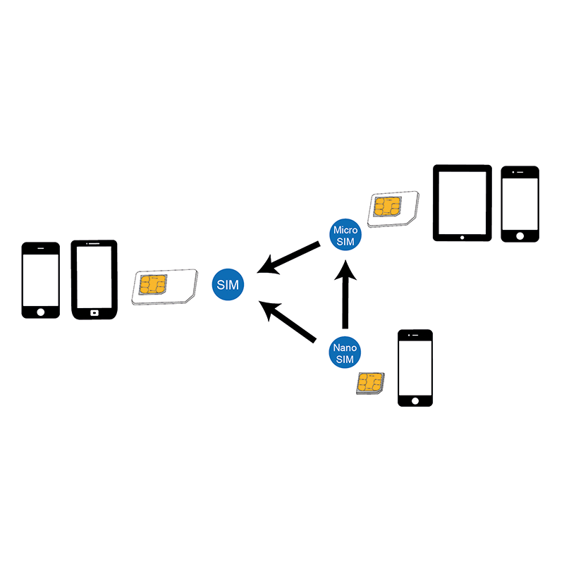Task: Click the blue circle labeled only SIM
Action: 228,285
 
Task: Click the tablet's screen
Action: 462,201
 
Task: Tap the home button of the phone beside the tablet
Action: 520,235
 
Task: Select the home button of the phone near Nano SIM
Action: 415,400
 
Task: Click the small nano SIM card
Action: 370,383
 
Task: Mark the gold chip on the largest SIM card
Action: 153,285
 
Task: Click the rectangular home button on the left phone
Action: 94,312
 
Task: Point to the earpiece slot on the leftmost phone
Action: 40,248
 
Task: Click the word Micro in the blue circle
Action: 346,230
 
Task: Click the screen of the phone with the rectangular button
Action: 94,276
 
